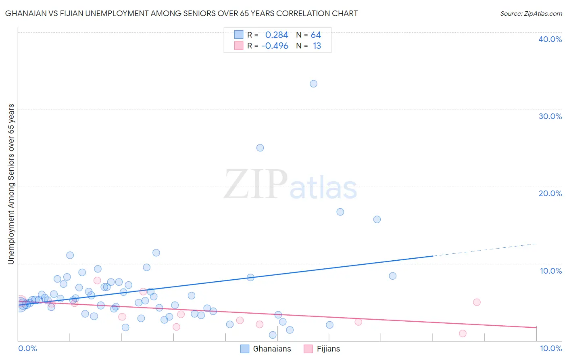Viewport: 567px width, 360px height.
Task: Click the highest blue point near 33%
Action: tap(313, 84)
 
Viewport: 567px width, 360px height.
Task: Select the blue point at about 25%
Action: tap(260, 148)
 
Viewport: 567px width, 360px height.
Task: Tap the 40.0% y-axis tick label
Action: tap(550, 39)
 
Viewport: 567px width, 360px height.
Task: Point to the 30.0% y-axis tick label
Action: tap(550, 116)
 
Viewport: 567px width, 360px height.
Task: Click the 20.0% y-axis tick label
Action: tap(550, 193)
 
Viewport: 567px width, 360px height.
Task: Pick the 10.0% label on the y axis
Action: tap(551, 271)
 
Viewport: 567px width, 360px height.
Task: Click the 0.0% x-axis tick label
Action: tap(27, 349)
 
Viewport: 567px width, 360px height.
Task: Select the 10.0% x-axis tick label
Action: tap(550, 349)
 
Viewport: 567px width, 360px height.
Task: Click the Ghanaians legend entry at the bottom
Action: tap(266, 349)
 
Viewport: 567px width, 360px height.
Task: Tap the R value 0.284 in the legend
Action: tap(277, 35)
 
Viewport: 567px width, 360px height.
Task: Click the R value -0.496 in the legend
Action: tap(275, 46)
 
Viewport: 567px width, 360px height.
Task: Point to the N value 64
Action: tap(316, 35)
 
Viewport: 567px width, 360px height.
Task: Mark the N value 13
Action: tap(317, 46)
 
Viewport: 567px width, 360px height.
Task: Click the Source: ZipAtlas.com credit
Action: tap(531, 14)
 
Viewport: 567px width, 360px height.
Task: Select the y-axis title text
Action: tap(11, 184)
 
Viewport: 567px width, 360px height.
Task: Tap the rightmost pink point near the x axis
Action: tap(463, 333)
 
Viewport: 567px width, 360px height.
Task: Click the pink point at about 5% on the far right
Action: tap(477, 302)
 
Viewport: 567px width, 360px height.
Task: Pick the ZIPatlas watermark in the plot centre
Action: tap(290, 185)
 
